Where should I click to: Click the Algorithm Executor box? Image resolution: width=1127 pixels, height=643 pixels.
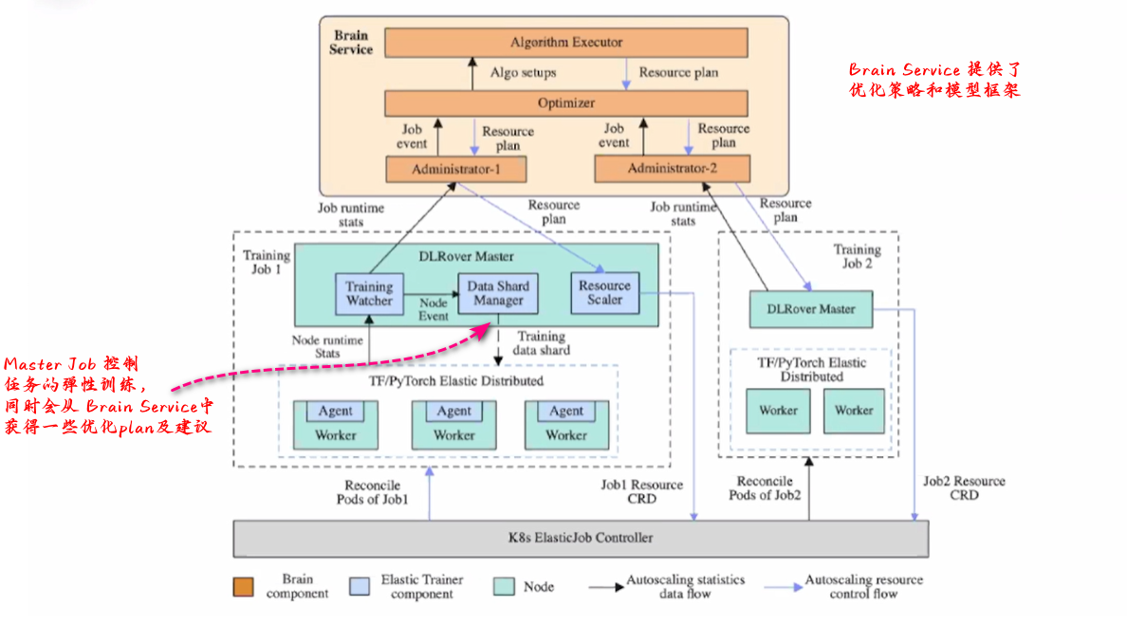[565, 43]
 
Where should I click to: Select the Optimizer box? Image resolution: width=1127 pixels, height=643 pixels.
[565, 103]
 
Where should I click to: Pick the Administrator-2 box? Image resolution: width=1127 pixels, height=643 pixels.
[672, 169]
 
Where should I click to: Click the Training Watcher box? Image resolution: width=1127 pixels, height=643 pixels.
[369, 293]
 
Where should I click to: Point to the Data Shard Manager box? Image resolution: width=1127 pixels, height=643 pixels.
[498, 293]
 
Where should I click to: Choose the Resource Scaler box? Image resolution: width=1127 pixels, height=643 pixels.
[604, 292]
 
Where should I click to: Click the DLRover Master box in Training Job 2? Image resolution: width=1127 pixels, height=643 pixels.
[811, 309]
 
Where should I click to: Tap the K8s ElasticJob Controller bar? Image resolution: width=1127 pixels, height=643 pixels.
[581, 538]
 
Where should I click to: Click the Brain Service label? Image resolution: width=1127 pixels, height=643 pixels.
[351, 43]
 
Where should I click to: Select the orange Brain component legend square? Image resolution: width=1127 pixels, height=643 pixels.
[244, 587]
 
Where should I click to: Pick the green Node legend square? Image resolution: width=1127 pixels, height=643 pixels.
[505, 587]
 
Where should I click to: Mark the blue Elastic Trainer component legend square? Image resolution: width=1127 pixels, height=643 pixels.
[360, 587]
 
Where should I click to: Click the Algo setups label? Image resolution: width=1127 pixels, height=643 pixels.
[523, 72]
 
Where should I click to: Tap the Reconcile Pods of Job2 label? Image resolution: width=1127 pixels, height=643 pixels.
[765, 488]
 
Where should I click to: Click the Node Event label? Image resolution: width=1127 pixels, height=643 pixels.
[434, 309]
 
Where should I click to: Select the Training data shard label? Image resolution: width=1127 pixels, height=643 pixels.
[542, 343]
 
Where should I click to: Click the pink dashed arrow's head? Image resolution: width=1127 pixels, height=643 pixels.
[490, 327]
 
